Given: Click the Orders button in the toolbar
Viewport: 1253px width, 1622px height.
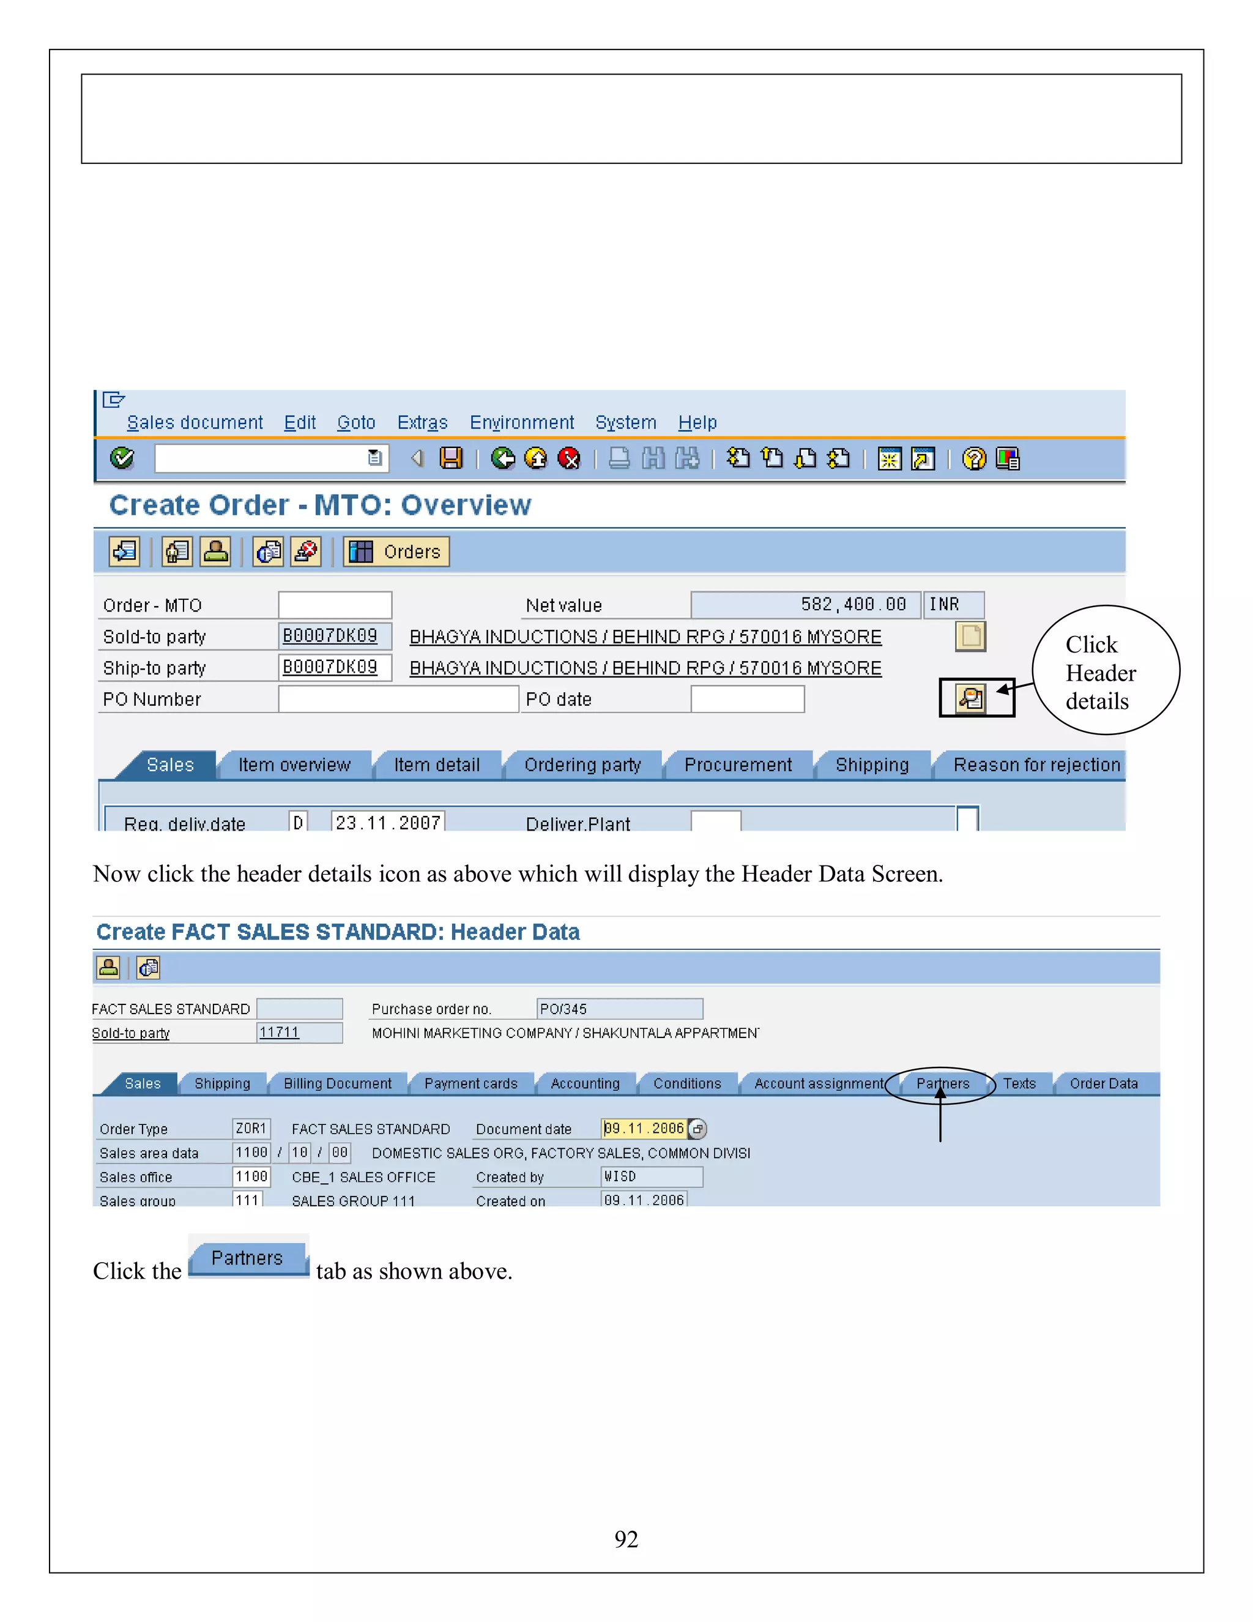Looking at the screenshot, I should coord(396,552).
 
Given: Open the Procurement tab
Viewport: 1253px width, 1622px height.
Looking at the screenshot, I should coord(738,765).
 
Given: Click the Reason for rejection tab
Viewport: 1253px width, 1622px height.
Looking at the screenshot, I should coord(1036,765).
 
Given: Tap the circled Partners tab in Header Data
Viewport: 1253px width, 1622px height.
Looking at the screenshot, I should coord(943,1083).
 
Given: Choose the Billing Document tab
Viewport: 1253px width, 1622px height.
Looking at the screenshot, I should coord(337,1083).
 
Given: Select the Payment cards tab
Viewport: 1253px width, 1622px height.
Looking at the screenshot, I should coord(470,1083).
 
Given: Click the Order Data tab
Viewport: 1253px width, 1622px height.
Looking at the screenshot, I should coord(1103,1083).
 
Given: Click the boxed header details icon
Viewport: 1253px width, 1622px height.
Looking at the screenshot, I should coord(971,698).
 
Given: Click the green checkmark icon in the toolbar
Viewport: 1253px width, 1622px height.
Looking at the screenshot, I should coord(122,458).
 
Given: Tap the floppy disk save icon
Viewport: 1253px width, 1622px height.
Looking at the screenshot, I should coord(450,458).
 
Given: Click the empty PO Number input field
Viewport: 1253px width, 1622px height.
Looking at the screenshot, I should coord(398,699).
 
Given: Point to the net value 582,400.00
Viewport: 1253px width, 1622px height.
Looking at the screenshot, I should coord(853,605).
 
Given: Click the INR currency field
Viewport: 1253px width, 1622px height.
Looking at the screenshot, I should coord(953,605).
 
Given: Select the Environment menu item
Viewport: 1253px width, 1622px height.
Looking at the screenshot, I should coord(521,422).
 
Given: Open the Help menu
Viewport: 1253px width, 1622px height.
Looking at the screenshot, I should coord(697,422).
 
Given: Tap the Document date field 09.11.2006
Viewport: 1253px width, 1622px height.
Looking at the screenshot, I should coord(644,1129).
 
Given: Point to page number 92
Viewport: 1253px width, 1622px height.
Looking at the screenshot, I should coord(626,1539).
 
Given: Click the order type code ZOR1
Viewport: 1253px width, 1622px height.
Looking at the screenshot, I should coord(251,1129).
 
